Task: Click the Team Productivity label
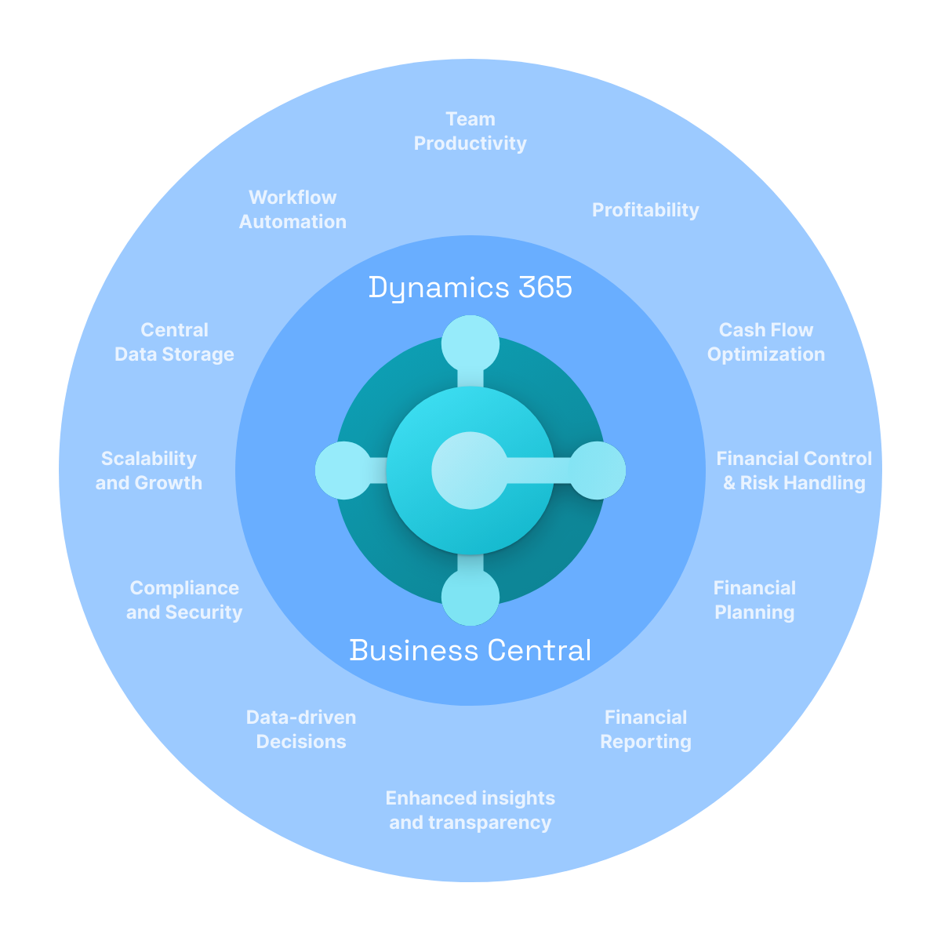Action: coord(470,131)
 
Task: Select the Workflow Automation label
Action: coord(292,209)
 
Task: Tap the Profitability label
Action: coord(645,210)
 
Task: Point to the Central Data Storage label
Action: coord(174,342)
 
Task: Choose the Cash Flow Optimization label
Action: coord(765,342)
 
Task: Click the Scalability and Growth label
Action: coord(149,470)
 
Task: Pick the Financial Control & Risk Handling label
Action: coord(794,470)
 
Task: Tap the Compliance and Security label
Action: coord(184,600)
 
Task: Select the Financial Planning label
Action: coord(754,600)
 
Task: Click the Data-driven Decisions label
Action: coord(301,729)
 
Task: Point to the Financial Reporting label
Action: coord(645,729)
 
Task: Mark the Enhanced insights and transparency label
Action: coord(470,810)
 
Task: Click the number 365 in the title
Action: coord(545,287)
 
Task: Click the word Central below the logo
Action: coord(539,650)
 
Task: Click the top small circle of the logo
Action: coord(470,343)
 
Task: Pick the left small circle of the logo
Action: coord(344,470)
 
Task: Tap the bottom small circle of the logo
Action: coord(470,597)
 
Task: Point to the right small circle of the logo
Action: coord(597,470)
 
